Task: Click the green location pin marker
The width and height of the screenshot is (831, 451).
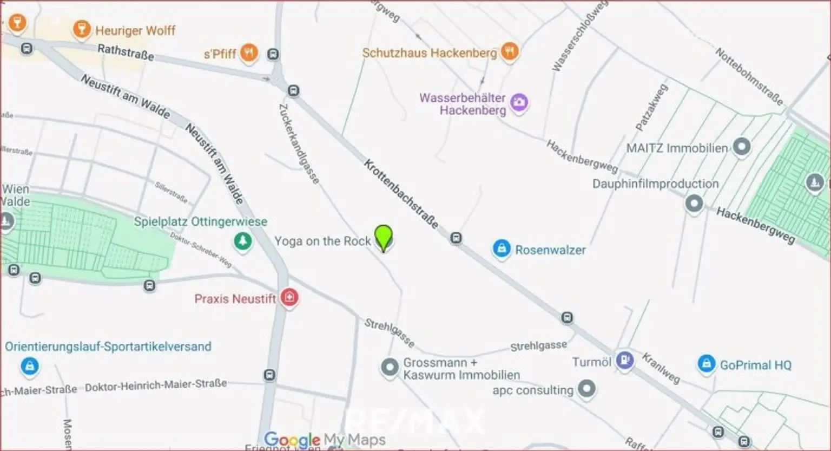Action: [x=384, y=237]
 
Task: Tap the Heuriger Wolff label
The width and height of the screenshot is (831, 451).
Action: [x=135, y=30]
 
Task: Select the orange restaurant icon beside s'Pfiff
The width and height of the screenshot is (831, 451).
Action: [x=248, y=53]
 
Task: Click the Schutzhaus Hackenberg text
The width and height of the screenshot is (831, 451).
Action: [x=429, y=53]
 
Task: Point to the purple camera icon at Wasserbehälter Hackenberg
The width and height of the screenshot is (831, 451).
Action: [x=519, y=102]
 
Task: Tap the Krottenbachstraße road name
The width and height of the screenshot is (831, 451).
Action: [x=400, y=193]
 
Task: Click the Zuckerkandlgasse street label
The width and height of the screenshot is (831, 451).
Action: [x=299, y=143]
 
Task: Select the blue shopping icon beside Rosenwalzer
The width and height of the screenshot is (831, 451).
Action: [x=502, y=249]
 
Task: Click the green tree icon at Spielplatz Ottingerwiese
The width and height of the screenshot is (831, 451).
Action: [x=242, y=241]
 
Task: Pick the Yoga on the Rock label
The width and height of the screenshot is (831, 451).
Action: [x=322, y=241]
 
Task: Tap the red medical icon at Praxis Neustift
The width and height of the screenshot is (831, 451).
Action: [x=290, y=297]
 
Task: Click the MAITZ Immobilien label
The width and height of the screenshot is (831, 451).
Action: [x=677, y=148]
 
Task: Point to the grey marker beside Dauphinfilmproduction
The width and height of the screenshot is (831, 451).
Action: [x=694, y=204]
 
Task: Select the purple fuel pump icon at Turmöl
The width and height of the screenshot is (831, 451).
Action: [x=625, y=360]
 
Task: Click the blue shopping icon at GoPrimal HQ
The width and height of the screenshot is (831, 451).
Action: [x=706, y=364]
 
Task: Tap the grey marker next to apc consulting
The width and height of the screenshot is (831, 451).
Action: [x=586, y=388]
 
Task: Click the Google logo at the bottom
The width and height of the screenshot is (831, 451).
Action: [x=292, y=440]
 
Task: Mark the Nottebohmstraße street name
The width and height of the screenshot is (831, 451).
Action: [x=749, y=76]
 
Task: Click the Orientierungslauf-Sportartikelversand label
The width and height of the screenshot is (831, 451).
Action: [x=108, y=347]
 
